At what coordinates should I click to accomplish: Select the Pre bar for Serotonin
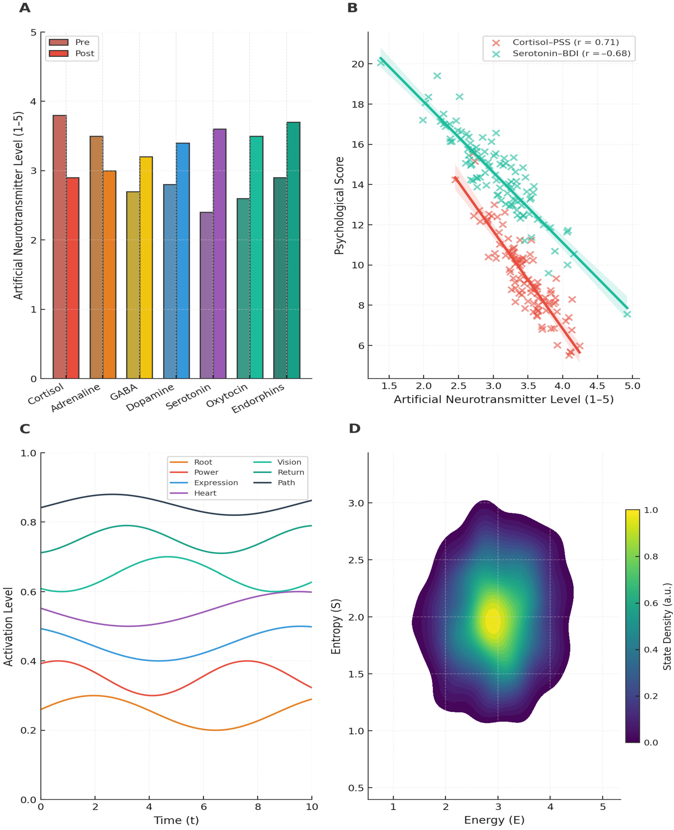[206, 295]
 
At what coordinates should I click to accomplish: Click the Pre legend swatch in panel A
[59, 42]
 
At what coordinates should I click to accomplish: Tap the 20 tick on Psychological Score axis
[357, 64]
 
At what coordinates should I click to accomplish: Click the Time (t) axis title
[176, 820]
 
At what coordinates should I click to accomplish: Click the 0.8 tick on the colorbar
[651, 556]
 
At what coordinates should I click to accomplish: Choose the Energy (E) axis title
[494, 820]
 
